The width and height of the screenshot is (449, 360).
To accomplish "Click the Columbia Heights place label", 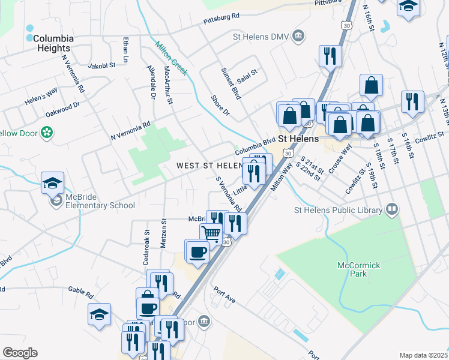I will pyautogui.click(x=53, y=43).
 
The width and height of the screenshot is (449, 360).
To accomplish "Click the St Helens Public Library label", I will pyautogui.click(x=338, y=210).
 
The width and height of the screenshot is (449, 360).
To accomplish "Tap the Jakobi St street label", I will pyautogui.click(x=101, y=67).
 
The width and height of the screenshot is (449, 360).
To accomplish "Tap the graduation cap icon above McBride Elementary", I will pyautogui.click(x=53, y=182).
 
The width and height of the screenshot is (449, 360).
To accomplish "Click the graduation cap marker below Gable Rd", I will pyautogui.click(x=100, y=314).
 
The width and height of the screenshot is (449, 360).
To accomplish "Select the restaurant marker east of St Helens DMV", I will pyautogui.click(x=330, y=56).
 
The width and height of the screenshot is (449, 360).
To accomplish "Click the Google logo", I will pyautogui.click(x=20, y=353).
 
